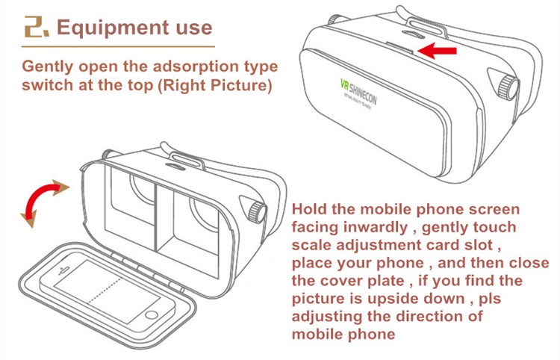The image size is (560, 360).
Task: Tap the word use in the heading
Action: point(190,28)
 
